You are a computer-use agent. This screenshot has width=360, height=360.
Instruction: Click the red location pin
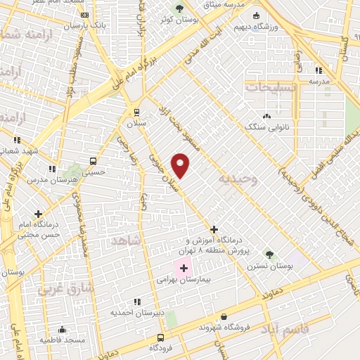(181, 165)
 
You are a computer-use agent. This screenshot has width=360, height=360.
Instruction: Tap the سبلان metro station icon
(136, 112)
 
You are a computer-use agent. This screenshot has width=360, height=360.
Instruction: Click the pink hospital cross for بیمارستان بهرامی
(184, 269)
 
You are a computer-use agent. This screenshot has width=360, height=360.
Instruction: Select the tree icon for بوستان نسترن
(269, 254)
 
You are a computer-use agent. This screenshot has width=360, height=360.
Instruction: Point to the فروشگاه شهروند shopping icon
(224, 317)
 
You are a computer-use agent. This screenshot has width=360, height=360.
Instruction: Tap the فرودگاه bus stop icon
(161, 337)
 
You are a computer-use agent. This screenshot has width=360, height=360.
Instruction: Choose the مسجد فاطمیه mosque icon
(62, 329)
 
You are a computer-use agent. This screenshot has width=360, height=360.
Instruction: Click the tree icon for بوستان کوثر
(179, 9)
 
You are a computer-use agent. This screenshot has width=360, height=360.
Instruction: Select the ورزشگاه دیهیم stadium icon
(256, 15)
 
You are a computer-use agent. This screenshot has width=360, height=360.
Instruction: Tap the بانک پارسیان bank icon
(85, 15)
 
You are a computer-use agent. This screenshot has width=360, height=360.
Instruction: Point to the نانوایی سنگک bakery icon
(266, 116)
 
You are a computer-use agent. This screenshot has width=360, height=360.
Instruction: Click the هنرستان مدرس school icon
(51, 169)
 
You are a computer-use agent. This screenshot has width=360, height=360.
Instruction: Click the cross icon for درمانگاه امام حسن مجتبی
(38, 214)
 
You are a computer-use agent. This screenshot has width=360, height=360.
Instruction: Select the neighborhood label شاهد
(127, 240)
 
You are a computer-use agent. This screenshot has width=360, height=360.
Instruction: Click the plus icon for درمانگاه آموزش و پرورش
(214, 229)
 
